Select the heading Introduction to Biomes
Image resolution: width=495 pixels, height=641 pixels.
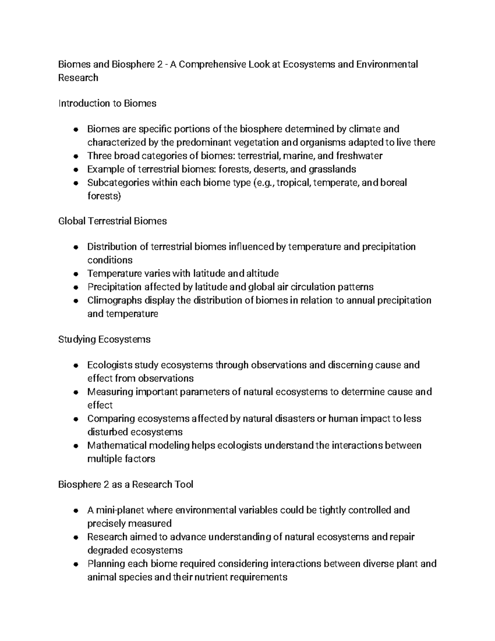click(x=107, y=104)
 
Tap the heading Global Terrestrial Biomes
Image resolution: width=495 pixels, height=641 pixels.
click(x=113, y=221)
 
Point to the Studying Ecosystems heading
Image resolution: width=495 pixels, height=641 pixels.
click(x=104, y=339)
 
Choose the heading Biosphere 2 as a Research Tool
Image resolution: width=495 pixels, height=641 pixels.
click(x=126, y=484)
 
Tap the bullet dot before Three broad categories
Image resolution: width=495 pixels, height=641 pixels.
click(x=75, y=156)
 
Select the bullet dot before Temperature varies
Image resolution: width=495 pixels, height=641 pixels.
click(x=75, y=274)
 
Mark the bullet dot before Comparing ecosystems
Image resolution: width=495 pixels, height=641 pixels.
click(x=75, y=419)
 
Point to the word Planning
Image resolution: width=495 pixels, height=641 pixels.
click(x=106, y=564)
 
